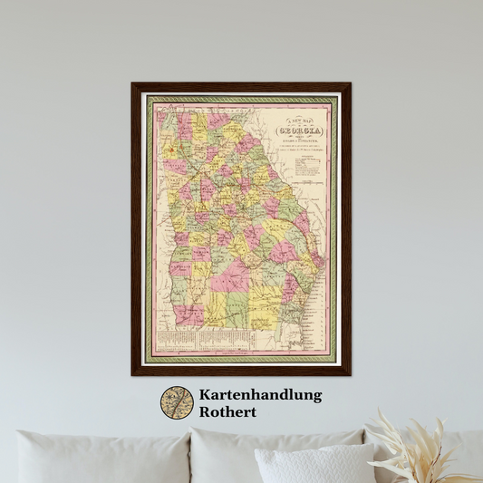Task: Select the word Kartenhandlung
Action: point(260,395)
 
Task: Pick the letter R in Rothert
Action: point(204,412)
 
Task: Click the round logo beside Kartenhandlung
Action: point(177,403)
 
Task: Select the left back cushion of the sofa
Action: point(100,458)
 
